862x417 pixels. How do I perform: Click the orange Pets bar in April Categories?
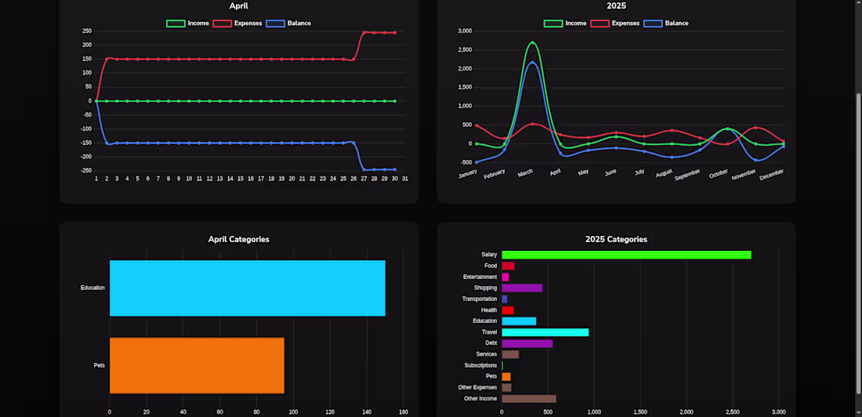[x=197, y=365]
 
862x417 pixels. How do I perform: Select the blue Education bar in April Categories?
[x=247, y=288]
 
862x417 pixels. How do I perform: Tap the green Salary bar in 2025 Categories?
[x=626, y=255]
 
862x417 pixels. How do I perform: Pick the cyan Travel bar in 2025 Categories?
[x=545, y=332]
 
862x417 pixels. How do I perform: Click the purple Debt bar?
[x=527, y=343]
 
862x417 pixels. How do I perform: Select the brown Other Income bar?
[x=528, y=398]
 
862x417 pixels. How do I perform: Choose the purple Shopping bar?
[x=522, y=288]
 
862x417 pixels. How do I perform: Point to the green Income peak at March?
[x=532, y=42]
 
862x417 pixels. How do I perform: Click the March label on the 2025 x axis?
[x=526, y=172]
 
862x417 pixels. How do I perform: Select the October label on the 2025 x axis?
[x=719, y=173]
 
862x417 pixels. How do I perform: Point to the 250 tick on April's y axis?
[x=87, y=31]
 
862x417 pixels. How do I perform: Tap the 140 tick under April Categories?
[x=367, y=412]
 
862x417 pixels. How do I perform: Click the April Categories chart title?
[x=238, y=239]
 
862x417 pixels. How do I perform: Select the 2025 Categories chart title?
[x=616, y=239]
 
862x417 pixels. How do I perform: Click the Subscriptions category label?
[x=480, y=365]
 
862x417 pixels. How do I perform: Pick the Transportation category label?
[x=480, y=299]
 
